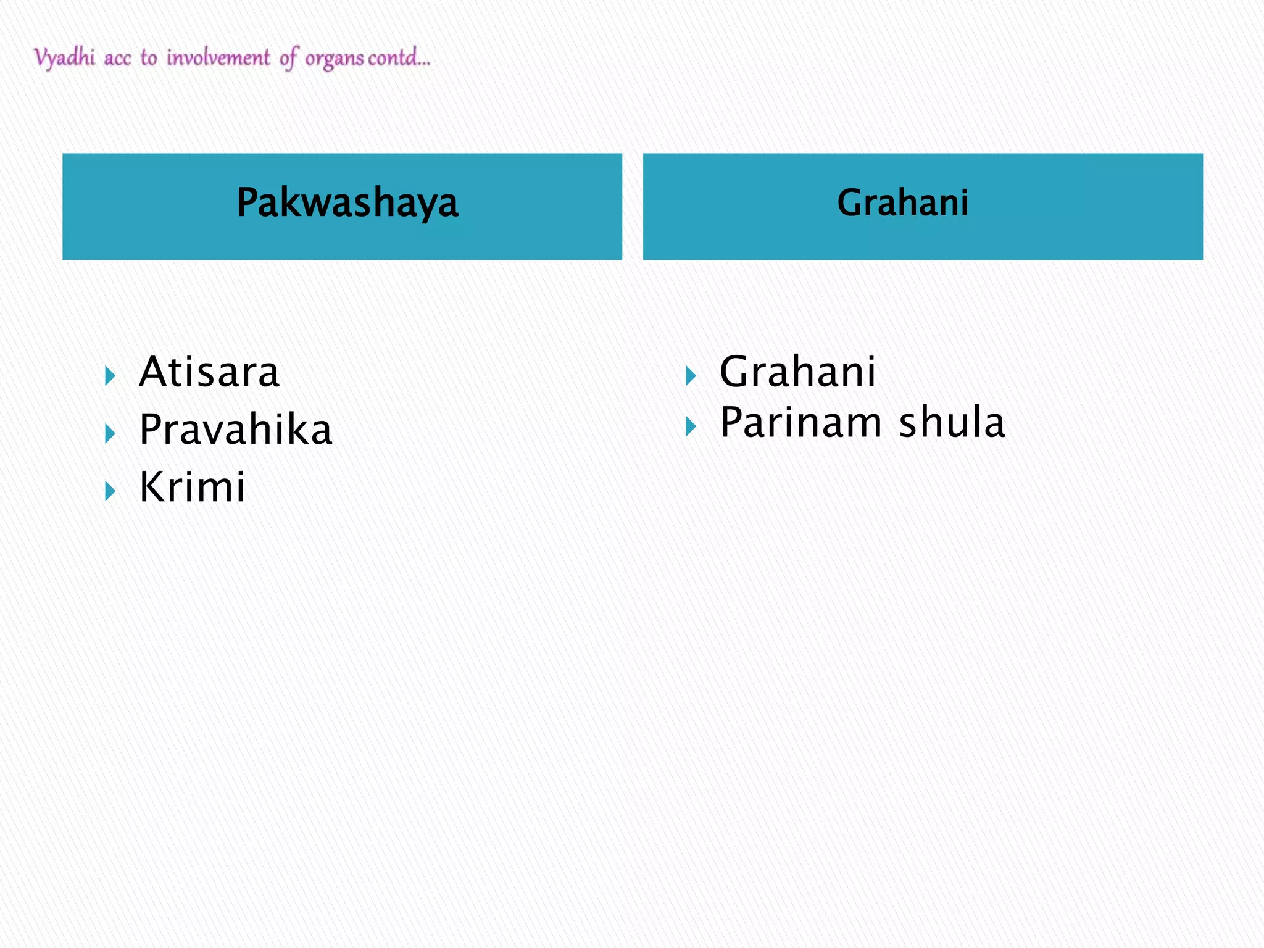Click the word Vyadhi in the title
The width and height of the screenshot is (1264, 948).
pyautogui.click(x=65, y=58)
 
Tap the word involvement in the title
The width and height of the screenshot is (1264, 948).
pyautogui.click(x=218, y=58)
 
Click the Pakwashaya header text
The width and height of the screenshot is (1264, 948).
pyautogui.click(x=347, y=203)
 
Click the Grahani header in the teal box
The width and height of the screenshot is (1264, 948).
pyautogui.click(x=902, y=203)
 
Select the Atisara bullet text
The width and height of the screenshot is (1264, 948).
pyautogui.click(x=209, y=372)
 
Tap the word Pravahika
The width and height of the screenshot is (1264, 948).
pyautogui.click(x=236, y=430)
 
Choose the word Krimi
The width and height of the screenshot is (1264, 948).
pyautogui.click(x=193, y=487)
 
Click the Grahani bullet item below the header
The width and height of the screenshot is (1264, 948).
pyautogui.click(x=797, y=372)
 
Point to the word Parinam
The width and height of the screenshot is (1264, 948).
pyautogui.click(x=801, y=423)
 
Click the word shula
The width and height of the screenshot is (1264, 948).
pyautogui.click(x=952, y=423)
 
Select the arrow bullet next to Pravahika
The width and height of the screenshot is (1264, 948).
pyautogui.click(x=110, y=433)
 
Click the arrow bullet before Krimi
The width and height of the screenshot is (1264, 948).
pyautogui.click(x=110, y=491)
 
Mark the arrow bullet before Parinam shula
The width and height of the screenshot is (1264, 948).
pyautogui.click(x=691, y=426)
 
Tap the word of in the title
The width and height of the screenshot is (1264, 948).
pyautogui.click(x=289, y=58)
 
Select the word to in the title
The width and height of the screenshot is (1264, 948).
pyautogui.click(x=149, y=58)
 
